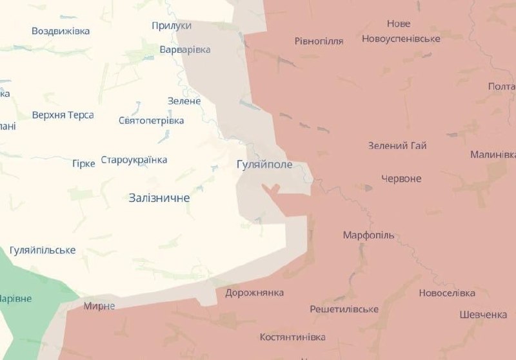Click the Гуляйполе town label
(264, 165)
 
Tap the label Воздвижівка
(61, 31)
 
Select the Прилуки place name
(172, 25)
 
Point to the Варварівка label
(185, 50)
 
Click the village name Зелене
(184, 101)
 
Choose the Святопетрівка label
(152, 121)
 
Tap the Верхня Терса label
(63, 115)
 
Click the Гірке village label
(83, 163)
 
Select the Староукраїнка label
(134, 160)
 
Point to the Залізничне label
(159, 198)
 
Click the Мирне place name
(99, 306)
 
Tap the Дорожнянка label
(254, 293)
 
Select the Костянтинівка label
(292, 337)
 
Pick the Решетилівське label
(344, 310)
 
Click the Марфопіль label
(368, 235)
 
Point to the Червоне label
(401, 179)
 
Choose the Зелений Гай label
(397, 146)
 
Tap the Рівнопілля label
(319, 41)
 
